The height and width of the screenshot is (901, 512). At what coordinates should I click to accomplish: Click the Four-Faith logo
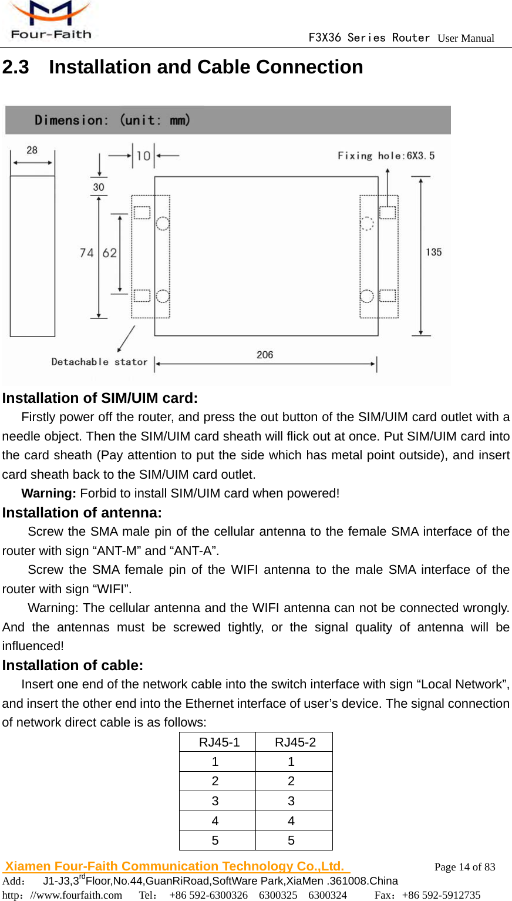(50, 21)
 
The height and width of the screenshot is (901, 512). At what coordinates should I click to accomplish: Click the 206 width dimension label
(265, 355)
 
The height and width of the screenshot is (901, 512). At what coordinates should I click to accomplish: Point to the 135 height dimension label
(434, 252)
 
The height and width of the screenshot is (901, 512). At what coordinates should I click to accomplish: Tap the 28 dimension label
(32, 150)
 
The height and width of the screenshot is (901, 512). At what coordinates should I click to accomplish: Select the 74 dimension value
(87, 253)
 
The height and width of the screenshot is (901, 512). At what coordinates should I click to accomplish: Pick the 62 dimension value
(110, 253)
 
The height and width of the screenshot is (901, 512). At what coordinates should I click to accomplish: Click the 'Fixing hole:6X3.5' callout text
(386, 156)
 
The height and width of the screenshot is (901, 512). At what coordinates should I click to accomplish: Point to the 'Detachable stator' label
(99, 362)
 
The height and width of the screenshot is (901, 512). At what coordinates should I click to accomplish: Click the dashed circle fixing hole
(367, 223)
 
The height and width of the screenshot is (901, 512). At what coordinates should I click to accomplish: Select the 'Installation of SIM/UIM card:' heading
(100, 398)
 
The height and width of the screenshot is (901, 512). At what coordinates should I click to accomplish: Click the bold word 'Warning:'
(49, 493)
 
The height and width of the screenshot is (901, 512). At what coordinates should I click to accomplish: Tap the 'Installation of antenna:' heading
(82, 513)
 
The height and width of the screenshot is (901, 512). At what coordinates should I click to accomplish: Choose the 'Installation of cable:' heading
(73, 665)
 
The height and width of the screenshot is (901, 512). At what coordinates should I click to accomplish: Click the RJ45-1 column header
(219, 742)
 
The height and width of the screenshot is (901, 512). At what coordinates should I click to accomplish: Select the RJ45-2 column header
(295, 742)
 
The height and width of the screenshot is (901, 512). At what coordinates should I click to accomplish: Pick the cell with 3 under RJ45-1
(215, 801)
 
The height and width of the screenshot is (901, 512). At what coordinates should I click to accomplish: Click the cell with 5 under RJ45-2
(291, 841)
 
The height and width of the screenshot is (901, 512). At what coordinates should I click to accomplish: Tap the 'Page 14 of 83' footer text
(464, 867)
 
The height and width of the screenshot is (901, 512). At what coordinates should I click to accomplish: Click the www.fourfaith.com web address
(76, 895)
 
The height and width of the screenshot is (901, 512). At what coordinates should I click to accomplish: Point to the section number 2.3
(16, 67)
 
